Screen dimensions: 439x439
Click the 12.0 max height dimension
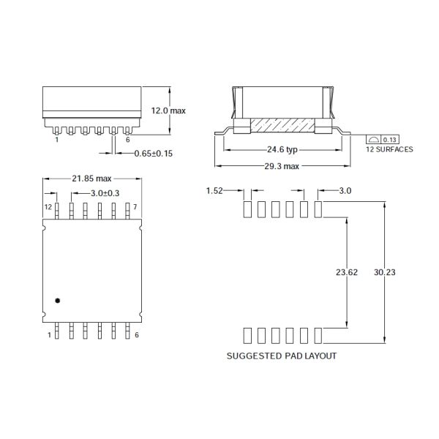click(x=168, y=110)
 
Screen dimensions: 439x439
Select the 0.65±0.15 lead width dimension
click(x=153, y=154)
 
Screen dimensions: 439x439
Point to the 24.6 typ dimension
click(x=282, y=149)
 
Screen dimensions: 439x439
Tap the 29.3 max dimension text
click(x=282, y=166)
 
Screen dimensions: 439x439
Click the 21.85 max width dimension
click(x=91, y=179)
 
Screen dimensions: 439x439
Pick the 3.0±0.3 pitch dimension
click(x=105, y=193)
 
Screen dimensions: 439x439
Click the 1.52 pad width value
click(x=214, y=191)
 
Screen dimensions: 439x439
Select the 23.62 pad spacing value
click(x=347, y=272)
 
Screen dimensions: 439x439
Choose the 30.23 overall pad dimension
click(x=385, y=272)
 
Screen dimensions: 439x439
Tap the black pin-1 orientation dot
click(x=57, y=301)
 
